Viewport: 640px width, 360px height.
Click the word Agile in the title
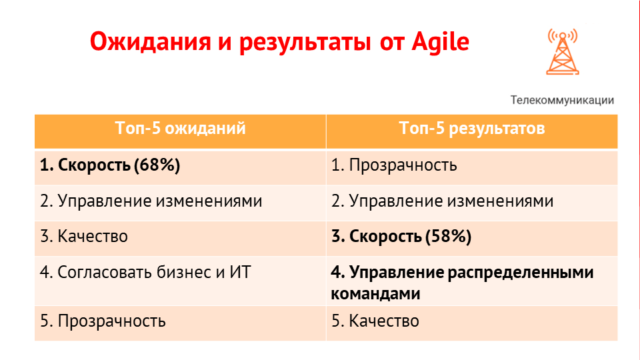point(441,41)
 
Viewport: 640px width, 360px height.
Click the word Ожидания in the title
point(150,42)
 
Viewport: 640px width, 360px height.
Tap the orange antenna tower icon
point(563,52)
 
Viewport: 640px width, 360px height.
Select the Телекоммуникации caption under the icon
point(562,100)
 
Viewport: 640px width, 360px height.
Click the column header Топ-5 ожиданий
point(181,128)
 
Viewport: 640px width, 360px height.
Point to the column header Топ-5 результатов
point(472,128)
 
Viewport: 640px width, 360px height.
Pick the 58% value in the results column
point(449,237)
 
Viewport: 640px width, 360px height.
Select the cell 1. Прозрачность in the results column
point(394,165)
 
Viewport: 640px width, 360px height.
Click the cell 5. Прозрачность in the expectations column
point(103,321)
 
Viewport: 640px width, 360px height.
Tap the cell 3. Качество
point(84,236)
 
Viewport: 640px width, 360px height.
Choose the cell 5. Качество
point(375,321)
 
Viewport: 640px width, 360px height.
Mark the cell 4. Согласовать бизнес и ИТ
point(145,272)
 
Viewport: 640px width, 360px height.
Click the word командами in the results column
point(375,294)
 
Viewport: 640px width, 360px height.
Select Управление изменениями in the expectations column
point(160,201)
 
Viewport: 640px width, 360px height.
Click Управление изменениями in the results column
point(451,201)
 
